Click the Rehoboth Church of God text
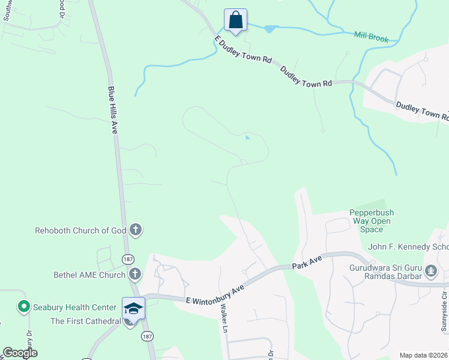point(80,230)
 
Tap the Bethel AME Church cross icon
point(135,275)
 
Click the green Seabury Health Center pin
point(24,307)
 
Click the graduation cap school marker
point(133,308)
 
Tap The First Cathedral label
point(86,321)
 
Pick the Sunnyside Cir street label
point(444,311)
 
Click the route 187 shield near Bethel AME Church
point(127,259)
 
